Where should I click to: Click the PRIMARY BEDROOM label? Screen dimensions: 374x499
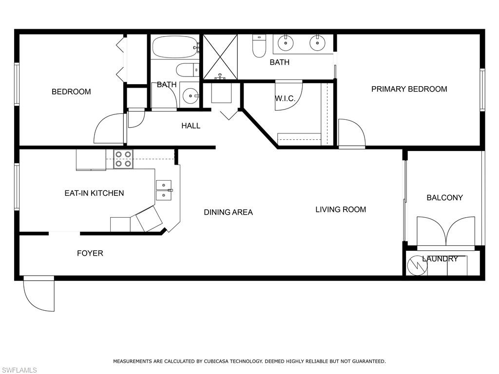coord(409,89)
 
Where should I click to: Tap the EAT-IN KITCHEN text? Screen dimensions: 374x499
coord(94,193)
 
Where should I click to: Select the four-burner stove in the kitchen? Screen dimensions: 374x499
coord(123,159)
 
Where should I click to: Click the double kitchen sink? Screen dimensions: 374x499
coord(163,190)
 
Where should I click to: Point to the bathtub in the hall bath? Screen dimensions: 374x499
coord(174,47)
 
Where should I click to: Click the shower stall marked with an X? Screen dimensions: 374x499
coord(220,56)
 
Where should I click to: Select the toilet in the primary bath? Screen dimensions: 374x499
coord(259,46)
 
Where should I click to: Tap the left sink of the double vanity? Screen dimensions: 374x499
coord(286,43)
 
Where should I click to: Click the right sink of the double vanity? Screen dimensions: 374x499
coord(317,43)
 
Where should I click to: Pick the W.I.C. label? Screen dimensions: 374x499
coord(285,99)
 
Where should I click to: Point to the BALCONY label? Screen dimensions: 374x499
coord(444,198)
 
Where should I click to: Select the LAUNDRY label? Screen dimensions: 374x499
coord(440,259)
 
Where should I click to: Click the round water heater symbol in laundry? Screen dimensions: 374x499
coord(417,265)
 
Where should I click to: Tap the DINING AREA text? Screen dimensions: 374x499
coord(228,212)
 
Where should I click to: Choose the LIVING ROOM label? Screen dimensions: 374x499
coord(341,209)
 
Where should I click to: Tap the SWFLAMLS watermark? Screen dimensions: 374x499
coord(19,370)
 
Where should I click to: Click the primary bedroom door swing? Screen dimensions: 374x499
coord(351,132)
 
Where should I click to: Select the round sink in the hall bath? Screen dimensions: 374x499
coord(190,96)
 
